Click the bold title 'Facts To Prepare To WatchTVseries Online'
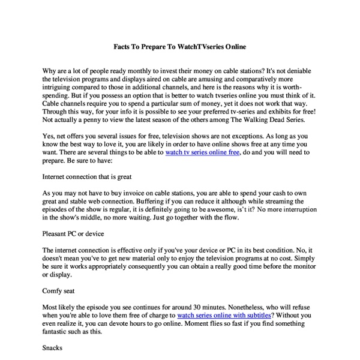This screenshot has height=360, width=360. [180, 46]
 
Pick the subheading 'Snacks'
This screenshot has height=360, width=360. [53, 347]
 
